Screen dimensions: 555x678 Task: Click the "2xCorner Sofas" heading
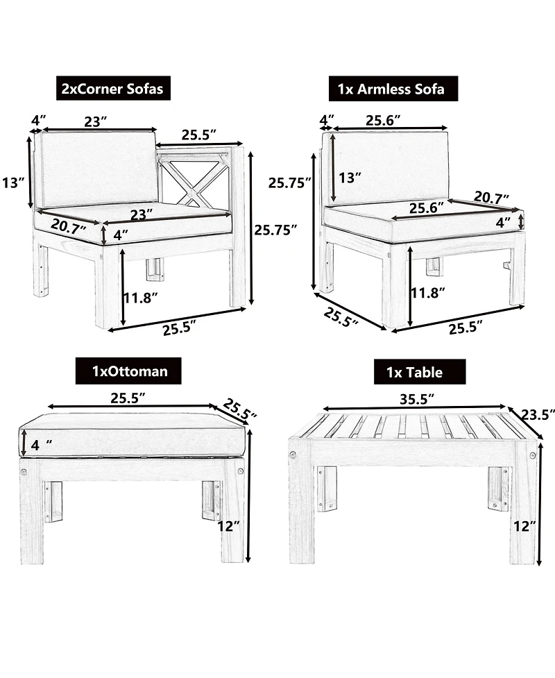click(x=113, y=89)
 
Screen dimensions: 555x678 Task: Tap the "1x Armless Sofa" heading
click(x=391, y=89)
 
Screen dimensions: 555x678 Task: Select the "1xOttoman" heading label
click(x=130, y=371)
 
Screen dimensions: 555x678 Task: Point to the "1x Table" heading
click(x=415, y=372)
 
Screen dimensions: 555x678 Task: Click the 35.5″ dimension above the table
click(x=417, y=398)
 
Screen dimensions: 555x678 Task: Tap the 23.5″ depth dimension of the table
click(x=537, y=415)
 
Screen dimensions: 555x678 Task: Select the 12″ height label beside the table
click(x=524, y=526)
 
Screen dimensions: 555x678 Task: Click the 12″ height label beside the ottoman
click(x=228, y=526)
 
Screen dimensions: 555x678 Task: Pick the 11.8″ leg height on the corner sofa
click(x=140, y=298)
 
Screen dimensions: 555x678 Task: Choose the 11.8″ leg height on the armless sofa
click(x=428, y=293)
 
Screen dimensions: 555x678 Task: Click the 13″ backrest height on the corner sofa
click(x=13, y=183)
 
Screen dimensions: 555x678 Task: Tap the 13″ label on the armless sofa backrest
click(x=350, y=178)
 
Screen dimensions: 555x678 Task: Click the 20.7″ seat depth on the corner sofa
click(x=68, y=226)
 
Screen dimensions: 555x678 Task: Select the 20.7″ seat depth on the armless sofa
click(x=491, y=198)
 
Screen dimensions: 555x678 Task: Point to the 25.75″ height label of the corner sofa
click(x=275, y=230)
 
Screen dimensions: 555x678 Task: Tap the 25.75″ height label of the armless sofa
click(x=289, y=183)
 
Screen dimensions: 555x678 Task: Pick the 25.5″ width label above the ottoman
click(x=128, y=398)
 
